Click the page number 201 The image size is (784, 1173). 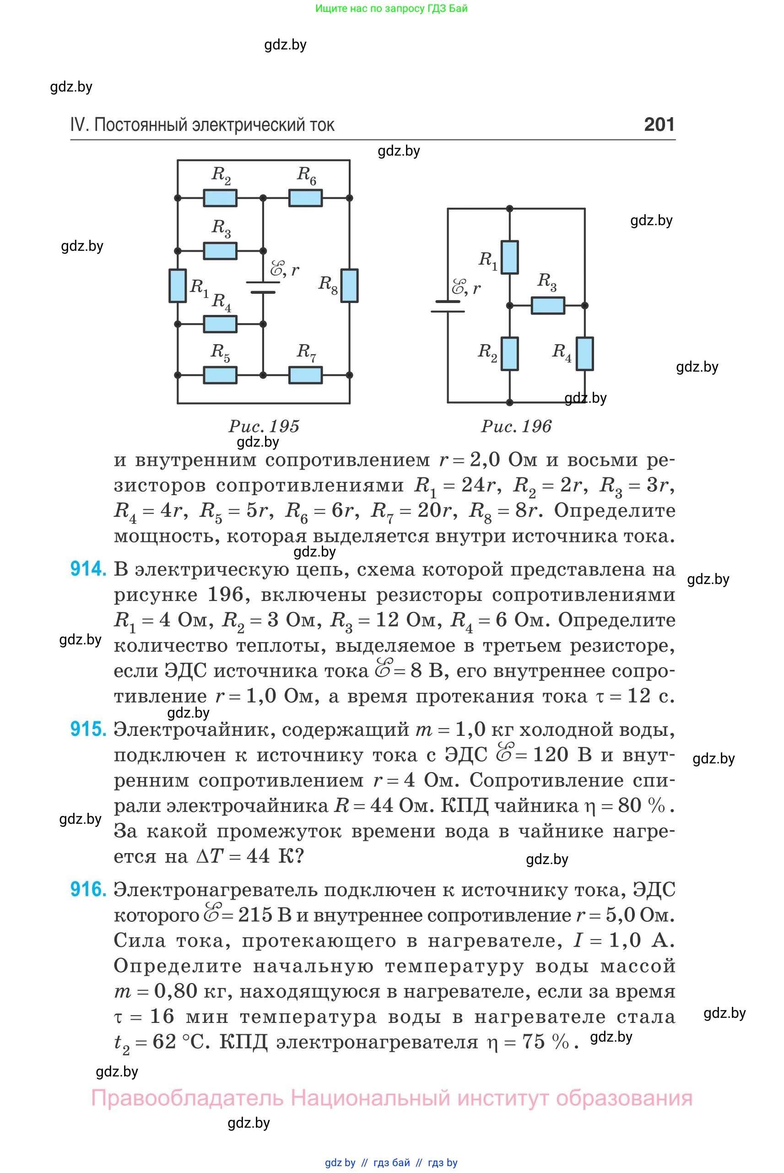[659, 124]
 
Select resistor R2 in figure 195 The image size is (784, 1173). [220, 198]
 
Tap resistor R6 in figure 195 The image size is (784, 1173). [306, 198]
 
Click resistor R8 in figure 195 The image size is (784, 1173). [350, 286]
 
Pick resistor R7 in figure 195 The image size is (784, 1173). [306, 375]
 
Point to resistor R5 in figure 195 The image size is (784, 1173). [220, 375]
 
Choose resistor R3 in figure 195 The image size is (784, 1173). [220, 250]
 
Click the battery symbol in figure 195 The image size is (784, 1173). [263, 287]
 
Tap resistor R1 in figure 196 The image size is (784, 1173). [509, 257]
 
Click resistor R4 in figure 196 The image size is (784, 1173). [584, 353]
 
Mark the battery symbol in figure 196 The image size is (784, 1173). [448, 307]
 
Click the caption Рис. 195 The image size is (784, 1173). [264, 426]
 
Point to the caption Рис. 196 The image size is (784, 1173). [516, 426]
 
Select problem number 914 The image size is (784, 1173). [88, 569]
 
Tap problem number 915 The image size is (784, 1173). [88, 729]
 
